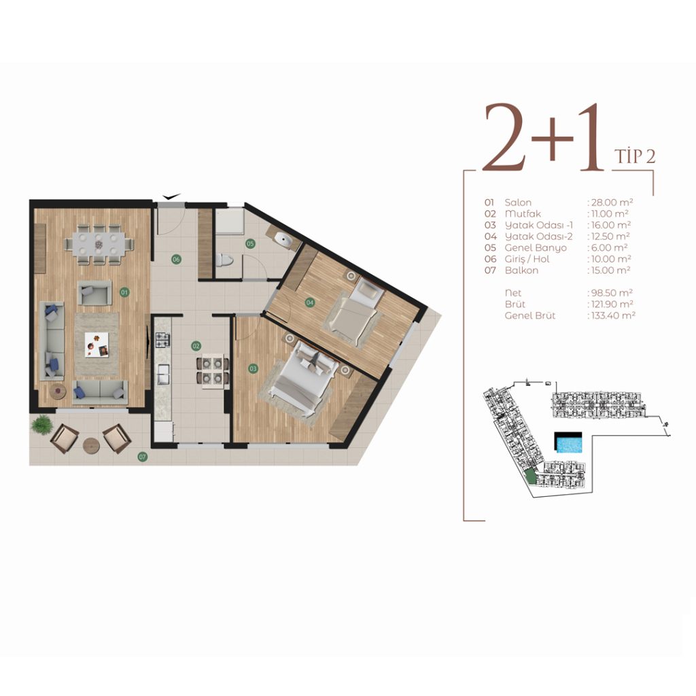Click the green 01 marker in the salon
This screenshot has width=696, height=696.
124,292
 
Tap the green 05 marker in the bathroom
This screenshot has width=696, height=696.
250,243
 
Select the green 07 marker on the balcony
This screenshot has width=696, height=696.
143,456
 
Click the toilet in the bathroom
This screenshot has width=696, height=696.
224,260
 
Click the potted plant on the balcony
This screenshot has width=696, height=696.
41,424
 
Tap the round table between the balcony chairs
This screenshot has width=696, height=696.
92,445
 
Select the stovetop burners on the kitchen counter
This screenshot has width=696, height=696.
162,340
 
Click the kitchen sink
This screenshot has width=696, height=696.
163,374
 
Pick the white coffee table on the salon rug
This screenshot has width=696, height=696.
97,345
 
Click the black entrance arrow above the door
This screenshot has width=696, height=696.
171,196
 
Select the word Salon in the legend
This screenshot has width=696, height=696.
517,203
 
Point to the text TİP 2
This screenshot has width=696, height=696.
635,156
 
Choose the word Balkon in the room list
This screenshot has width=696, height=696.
521,271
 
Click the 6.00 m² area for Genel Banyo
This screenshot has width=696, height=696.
609,247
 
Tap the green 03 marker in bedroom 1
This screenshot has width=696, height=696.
253,368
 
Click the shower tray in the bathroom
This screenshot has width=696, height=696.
230,221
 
